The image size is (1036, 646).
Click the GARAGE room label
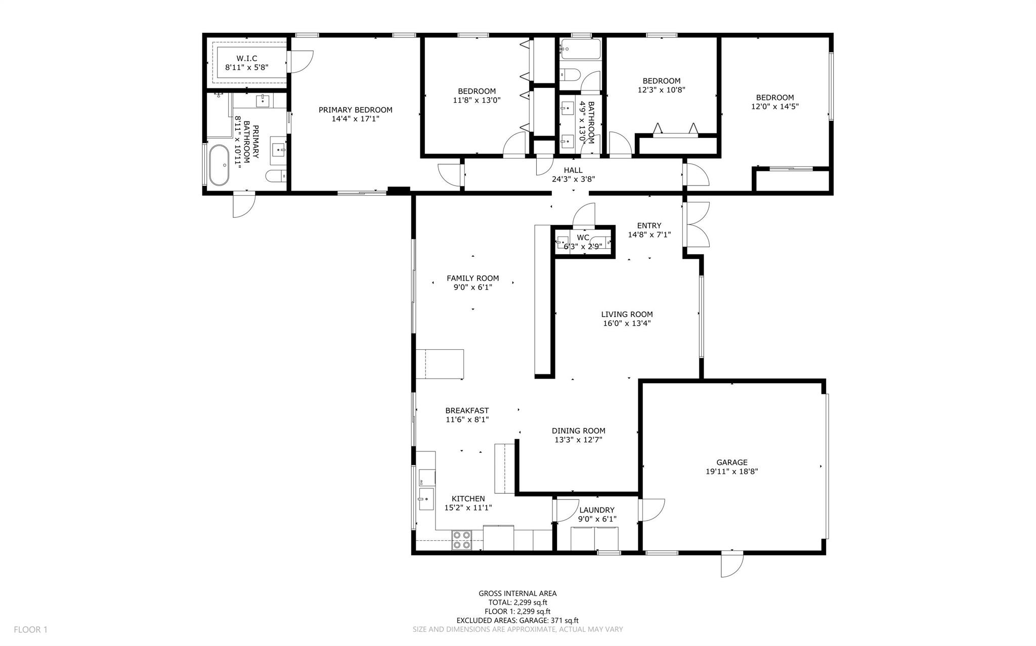pyautogui.click(x=731, y=462)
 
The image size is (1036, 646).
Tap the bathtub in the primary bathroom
pyautogui.click(x=219, y=165)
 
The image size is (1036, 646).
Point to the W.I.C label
pyautogui.click(x=246, y=59)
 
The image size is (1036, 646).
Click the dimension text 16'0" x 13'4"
pyautogui.click(x=627, y=324)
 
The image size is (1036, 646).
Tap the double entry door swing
pyautogui.click(x=698, y=224)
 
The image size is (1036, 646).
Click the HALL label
pyautogui.click(x=573, y=170)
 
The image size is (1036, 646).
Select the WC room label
pyautogui.click(x=583, y=237)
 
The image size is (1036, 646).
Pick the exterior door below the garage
pyautogui.click(x=732, y=565)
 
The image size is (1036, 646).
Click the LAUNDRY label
pyautogui.click(x=597, y=510)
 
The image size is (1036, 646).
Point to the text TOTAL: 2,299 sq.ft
pyautogui.click(x=517, y=603)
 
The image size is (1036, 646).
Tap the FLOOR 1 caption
pyautogui.click(x=30, y=630)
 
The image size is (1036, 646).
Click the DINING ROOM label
pyautogui.click(x=578, y=431)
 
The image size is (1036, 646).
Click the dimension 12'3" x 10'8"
pyautogui.click(x=661, y=90)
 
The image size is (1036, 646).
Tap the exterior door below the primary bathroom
pyautogui.click(x=243, y=206)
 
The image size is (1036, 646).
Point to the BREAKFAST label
pyautogui.click(x=467, y=410)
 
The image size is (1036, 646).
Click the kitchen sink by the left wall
pyautogui.click(x=426, y=499)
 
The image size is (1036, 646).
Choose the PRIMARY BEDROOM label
pyautogui.click(x=355, y=110)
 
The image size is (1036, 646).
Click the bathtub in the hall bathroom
pyautogui.click(x=580, y=50)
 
